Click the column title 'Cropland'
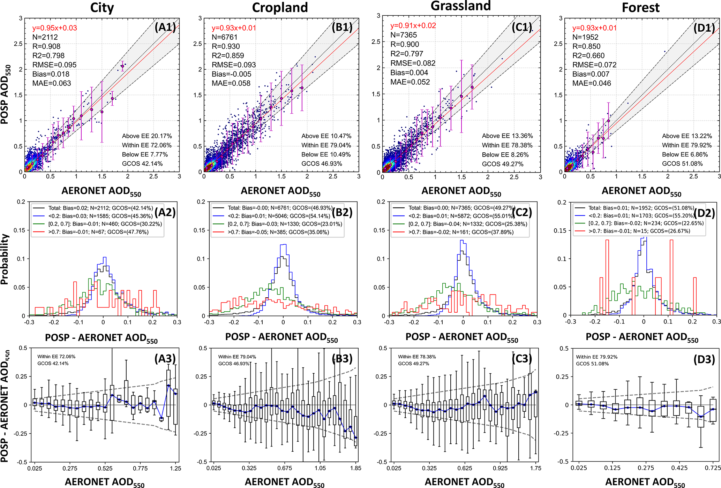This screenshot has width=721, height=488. (280, 8)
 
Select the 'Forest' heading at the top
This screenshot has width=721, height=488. (640, 8)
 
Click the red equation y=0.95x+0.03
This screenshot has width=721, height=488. (54, 28)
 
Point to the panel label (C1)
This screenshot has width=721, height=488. (522, 27)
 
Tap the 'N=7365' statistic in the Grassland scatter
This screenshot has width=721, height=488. (404, 35)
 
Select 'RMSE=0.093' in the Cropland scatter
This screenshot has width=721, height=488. (234, 65)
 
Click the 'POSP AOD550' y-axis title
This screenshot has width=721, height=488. (6, 94)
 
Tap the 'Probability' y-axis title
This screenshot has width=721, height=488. (5, 259)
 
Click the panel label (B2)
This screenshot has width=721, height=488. (342, 212)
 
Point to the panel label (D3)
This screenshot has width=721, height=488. (704, 359)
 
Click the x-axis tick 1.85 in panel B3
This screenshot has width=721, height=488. (355, 468)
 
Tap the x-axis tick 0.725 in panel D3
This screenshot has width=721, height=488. (713, 468)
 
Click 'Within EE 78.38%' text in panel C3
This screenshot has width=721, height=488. (417, 357)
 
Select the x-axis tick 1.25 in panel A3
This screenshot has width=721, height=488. (175, 468)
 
